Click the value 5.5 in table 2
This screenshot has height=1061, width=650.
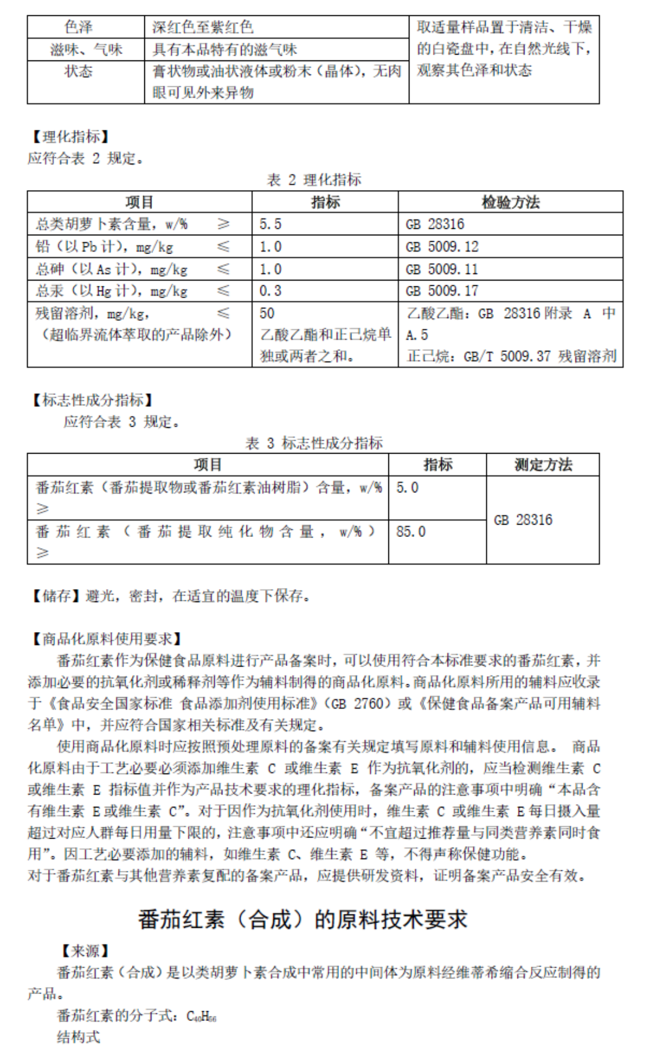coord(270,224)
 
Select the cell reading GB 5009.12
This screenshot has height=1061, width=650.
coord(442,246)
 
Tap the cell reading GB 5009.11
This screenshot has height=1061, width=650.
coord(442,269)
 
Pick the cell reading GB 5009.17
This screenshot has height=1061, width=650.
coord(442,291)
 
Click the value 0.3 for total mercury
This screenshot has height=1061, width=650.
coord(270,291)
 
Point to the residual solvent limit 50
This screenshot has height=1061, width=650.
coord(267,313)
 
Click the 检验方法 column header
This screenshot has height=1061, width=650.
coord(510,202)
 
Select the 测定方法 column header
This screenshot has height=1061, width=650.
coord(543,465)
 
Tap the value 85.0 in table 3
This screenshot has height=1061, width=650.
coord(411,532)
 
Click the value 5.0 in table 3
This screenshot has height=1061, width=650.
coord(407,488)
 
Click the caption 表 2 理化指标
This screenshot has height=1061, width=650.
coord(314,180)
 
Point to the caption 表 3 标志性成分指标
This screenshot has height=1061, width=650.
coord(314,443)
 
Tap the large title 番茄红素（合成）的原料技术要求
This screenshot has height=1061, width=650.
coord(303,919)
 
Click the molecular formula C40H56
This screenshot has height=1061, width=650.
coord(201,1016)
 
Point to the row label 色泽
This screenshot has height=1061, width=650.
coord(79,27)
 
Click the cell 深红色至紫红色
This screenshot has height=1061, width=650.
coord(202,27)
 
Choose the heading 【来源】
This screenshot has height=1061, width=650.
coord(85,951)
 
